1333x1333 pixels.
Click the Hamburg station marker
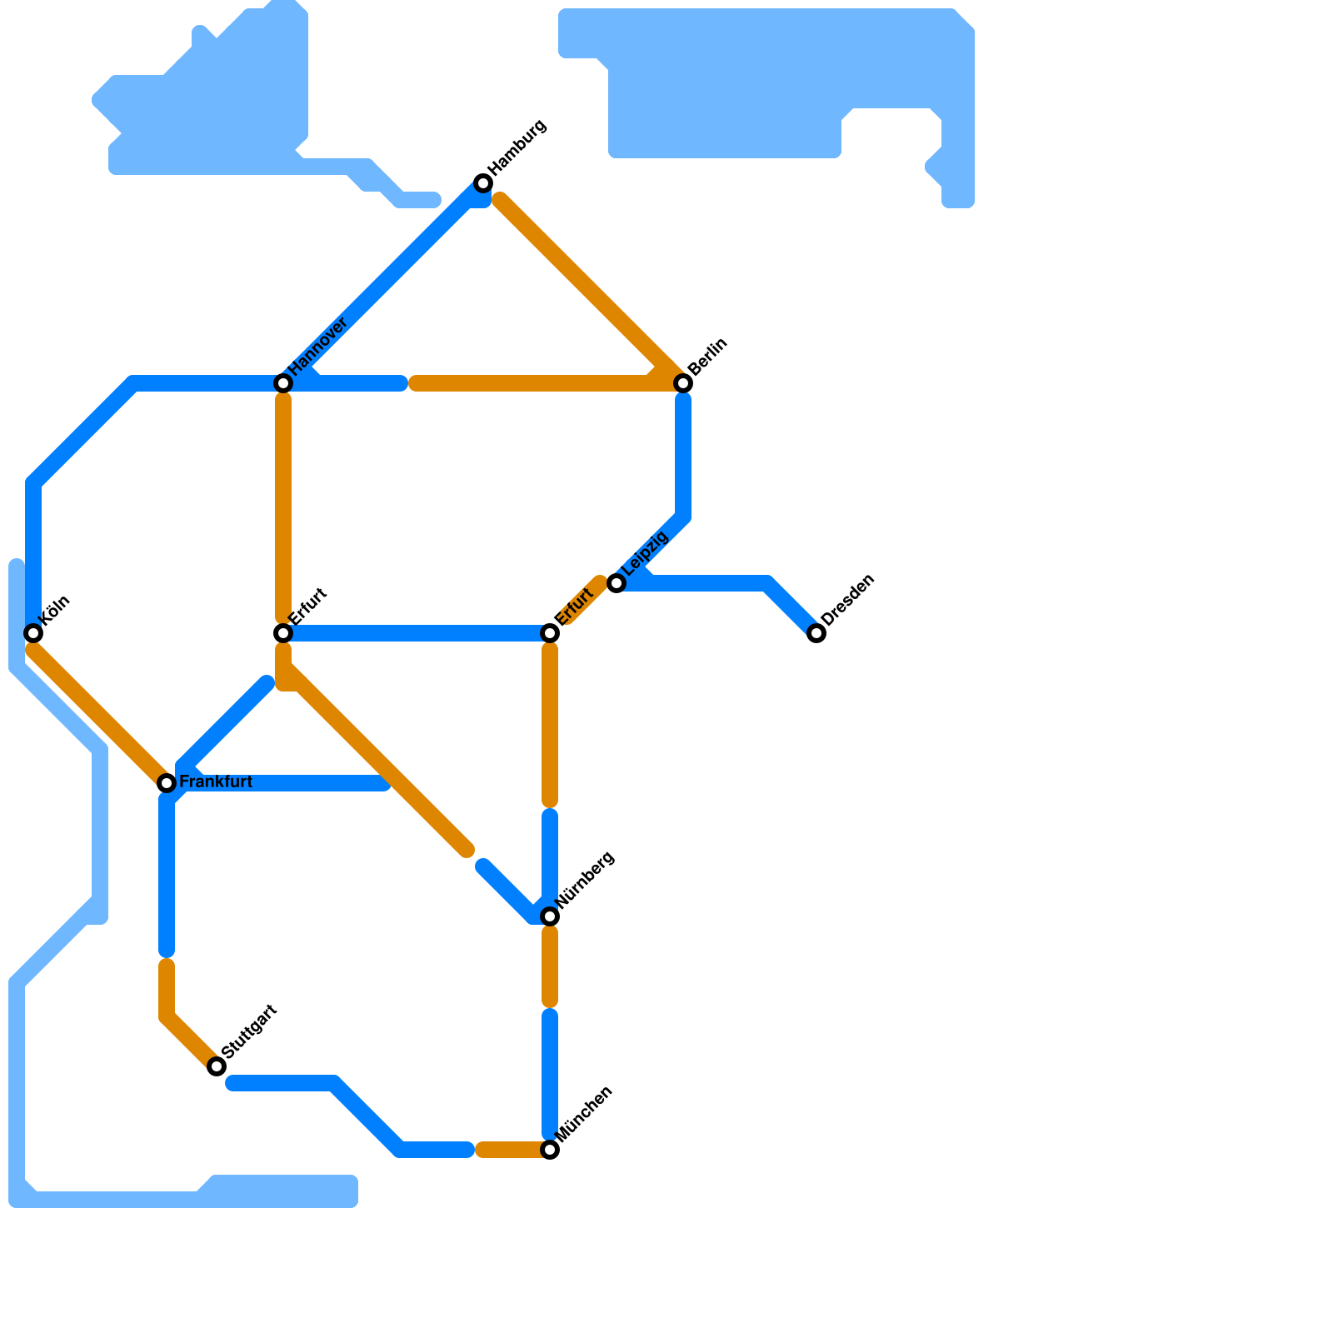(x=483, y=183)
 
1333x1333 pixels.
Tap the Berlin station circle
(x=683, y=383)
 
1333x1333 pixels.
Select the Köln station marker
(x=33, y=633)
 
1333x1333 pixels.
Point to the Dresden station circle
(x=816, y=633)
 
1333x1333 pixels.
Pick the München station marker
(x=550, y=1150)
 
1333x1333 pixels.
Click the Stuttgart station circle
(x=217, y=1066)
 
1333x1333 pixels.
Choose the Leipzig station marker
(x=617, y=583)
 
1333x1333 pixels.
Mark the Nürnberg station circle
(x=550, y=916)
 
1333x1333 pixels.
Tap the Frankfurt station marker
(x=167, y=783)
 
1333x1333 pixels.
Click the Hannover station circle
(x=283, y=383)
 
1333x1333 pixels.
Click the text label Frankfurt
(x=216, y=782)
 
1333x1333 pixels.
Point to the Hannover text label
(x=317, y=347)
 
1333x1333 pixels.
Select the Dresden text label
(x=847, y=600)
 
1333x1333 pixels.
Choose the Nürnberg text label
(x=584, y=880)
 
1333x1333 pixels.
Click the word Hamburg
(x=517, y=147)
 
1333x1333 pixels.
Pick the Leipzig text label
(x=646, y=552)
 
